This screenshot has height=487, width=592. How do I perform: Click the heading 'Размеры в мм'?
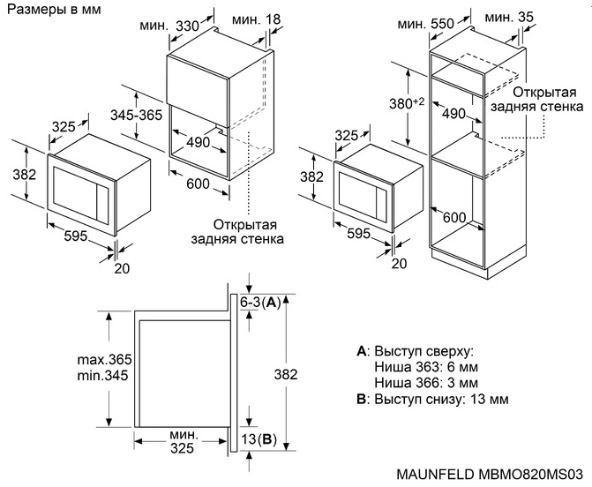coord(52,10)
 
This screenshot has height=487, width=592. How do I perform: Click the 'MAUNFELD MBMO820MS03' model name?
coord(486,476)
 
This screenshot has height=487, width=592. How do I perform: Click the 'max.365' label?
coord(103,360)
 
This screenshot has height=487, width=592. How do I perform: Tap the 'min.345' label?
coord(102,377)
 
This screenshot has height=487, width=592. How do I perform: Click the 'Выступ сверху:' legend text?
coord(418,351)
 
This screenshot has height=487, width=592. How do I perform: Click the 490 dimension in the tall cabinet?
coord(453,114)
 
